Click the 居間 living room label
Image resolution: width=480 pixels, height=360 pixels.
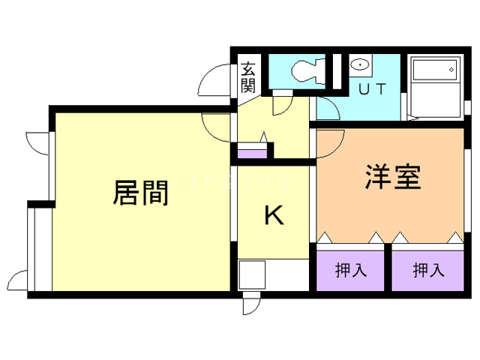[139, 193]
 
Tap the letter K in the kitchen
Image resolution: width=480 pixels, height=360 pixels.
[274, 216]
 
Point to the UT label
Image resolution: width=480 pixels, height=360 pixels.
[372, 89]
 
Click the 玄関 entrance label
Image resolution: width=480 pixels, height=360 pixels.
[248, 76]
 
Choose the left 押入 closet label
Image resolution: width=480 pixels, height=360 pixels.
[350, 270]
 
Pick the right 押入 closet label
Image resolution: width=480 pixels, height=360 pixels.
[427, 270]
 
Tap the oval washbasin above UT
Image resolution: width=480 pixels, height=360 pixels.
[361, 65]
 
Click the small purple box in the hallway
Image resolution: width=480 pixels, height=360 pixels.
[253, 154]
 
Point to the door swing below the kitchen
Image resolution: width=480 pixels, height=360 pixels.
[250, 304]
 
